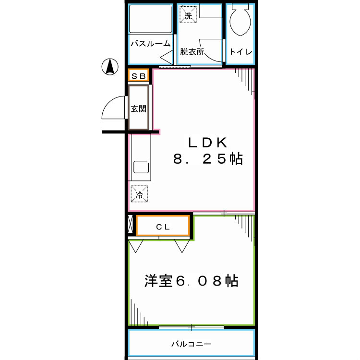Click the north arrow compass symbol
(110, 67)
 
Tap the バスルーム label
(151, 44)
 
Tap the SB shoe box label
(139, 76)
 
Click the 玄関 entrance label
(139, 109)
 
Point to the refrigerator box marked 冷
(139, 194)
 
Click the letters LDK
(207, 142)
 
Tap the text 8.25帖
(207, 159)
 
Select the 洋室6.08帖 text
(191, 281)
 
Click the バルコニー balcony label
(191, 344)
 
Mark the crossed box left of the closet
(130, 225)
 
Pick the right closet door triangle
(182, 245)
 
